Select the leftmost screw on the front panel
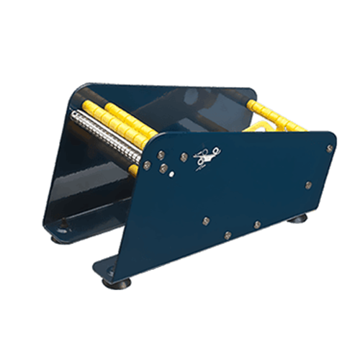[x=147, y=165]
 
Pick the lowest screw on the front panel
[x=228, y=235]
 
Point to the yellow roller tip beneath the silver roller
[x=134, y=170]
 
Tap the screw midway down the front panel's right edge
[x=308, y=185]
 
